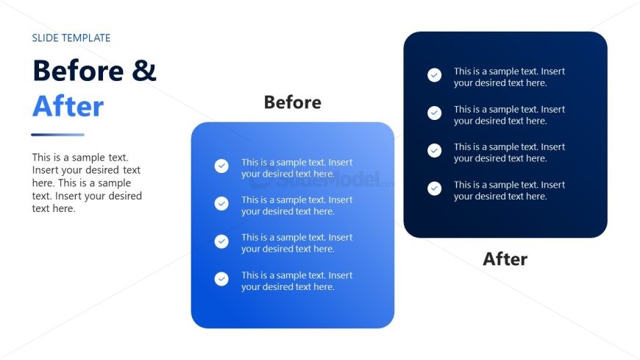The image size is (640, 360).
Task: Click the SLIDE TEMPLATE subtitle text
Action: click(71, 38)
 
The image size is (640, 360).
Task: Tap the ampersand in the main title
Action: click(144, 70)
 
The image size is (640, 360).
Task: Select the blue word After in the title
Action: click(68, 106)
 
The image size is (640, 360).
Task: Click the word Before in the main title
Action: click(78, 70)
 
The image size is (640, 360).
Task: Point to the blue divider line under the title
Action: click(57, 135)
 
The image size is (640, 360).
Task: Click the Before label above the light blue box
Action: click(293, 102)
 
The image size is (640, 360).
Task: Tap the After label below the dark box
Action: click(505, 259)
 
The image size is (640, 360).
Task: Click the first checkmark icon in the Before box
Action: click(221, 166)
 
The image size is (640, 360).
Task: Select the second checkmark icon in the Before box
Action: click(221, 203)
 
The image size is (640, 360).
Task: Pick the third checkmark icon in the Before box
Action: click(221, 241)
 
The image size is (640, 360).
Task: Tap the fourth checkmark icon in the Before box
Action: click(221, 279)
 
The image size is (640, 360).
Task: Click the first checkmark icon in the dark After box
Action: click(434, 75)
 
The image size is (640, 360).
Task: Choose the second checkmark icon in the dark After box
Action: click(434, 113)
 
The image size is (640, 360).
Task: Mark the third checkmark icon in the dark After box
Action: click(434, 150)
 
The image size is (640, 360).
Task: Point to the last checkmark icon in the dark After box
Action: click(434, 188)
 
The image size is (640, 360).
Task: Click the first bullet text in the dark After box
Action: click(509, 77)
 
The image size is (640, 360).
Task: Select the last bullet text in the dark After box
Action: click(509, 191)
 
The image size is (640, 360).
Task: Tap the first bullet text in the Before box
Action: click(296, 168)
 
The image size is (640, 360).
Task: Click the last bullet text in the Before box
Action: click(296, 280)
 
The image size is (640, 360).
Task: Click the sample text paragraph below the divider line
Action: click(87, 183)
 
